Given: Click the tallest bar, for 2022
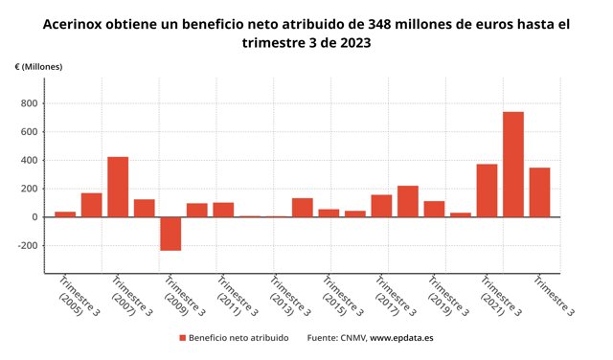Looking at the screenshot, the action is coord(513,164).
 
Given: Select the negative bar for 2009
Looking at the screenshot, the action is coord(170,234).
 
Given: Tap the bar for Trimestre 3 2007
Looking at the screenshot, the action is coord(118,187).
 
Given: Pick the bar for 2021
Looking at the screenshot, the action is coord(487,191).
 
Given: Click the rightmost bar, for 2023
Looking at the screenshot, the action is coord(539,192).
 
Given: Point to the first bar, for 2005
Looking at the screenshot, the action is coord(65,214).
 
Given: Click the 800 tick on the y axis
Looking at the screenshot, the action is coord(30,103).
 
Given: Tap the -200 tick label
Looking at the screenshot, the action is coord(28,245).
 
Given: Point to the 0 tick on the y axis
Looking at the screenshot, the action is coord(35,217).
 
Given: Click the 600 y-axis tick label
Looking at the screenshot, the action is coord(30,132).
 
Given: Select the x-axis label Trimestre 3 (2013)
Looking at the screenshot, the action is coord(289,296).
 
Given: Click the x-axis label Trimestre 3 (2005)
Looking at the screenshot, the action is coord(79,296).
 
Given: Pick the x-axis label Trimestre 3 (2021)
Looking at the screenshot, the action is coord(500,296).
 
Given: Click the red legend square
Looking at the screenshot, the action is coord(183,338).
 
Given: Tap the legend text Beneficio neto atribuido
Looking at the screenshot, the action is coord(238,338).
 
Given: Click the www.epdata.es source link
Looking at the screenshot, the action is coord(401,338).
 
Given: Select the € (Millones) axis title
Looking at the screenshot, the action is coord(38,67).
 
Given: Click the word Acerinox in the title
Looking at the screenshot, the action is coord(73,24).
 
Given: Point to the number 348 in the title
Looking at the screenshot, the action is coord(380,24).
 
